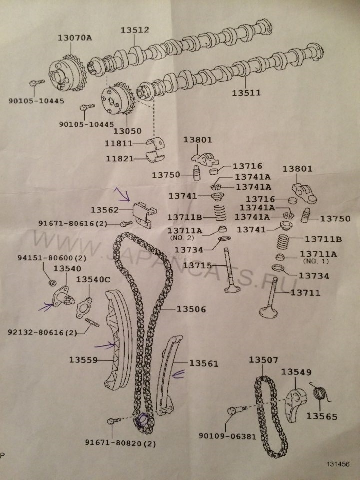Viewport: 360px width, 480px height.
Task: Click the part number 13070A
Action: point(73,37)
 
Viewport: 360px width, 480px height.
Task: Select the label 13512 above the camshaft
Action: point(134,30)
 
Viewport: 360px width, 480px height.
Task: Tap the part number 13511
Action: point(247,93)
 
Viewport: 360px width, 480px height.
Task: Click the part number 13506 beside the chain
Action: point(191,309)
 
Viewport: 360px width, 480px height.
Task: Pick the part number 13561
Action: point(203,363)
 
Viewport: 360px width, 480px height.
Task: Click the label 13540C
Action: point(93,279)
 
